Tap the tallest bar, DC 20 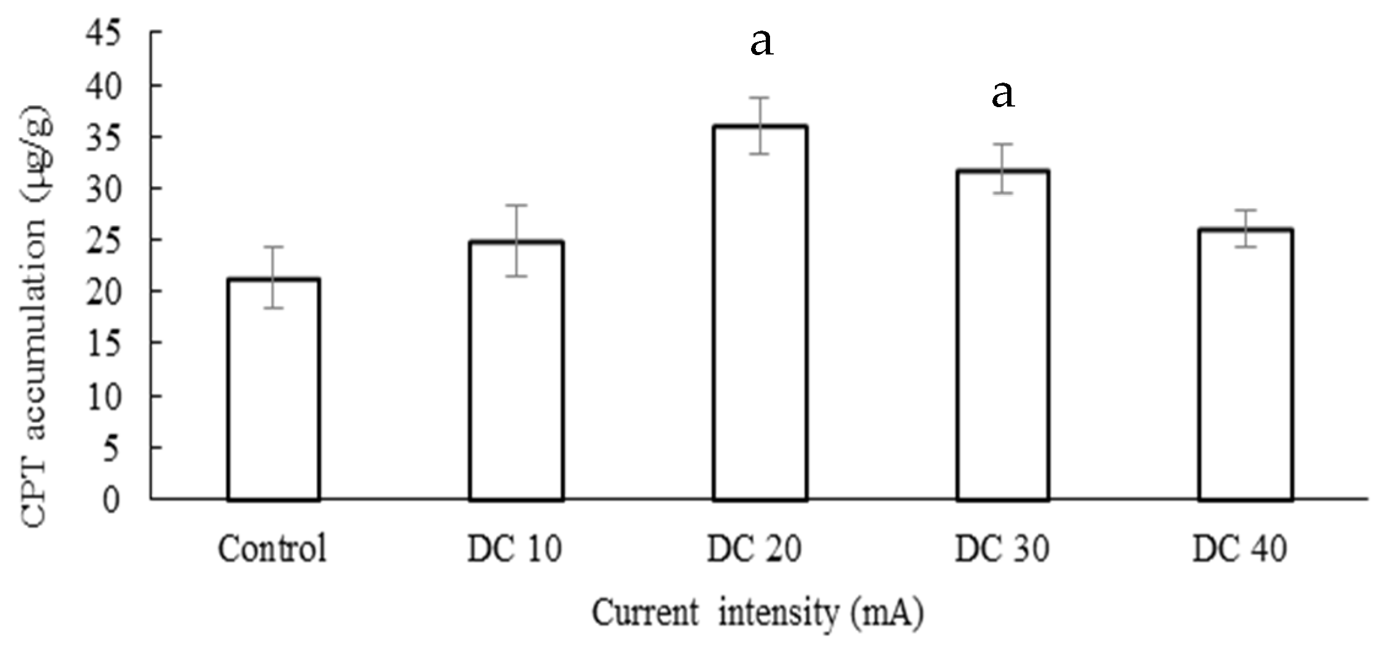tap(759, 313)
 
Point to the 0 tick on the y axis tap(110, 500)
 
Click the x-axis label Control tap(272, 549)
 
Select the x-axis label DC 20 tap(754, 549)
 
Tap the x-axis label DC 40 tap(1240, 549)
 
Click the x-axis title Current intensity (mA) tap(757, 613)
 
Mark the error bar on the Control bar tap(273, 277)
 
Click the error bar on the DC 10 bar tap(516, 241)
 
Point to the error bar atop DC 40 tap(1245, 228)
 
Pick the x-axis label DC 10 tap(514, 549)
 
